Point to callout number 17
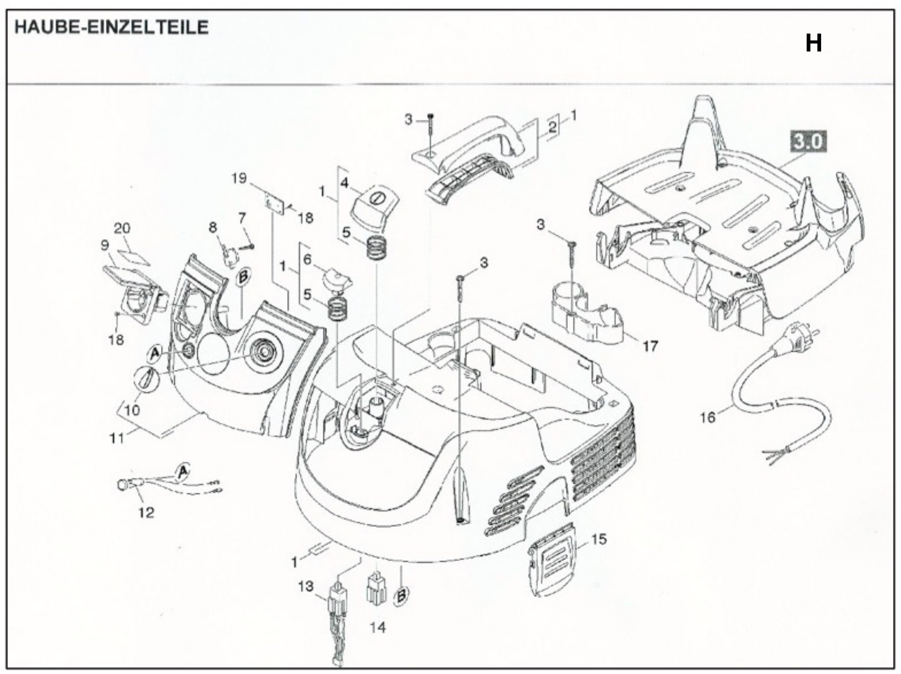pyautogui.click(x=650, y=346)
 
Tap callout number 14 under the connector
pyautogui.click(x=378, y=627)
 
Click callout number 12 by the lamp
pyautogui.click(x=146, y=512)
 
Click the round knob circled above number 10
pyautogui.click(x=147, y=379)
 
